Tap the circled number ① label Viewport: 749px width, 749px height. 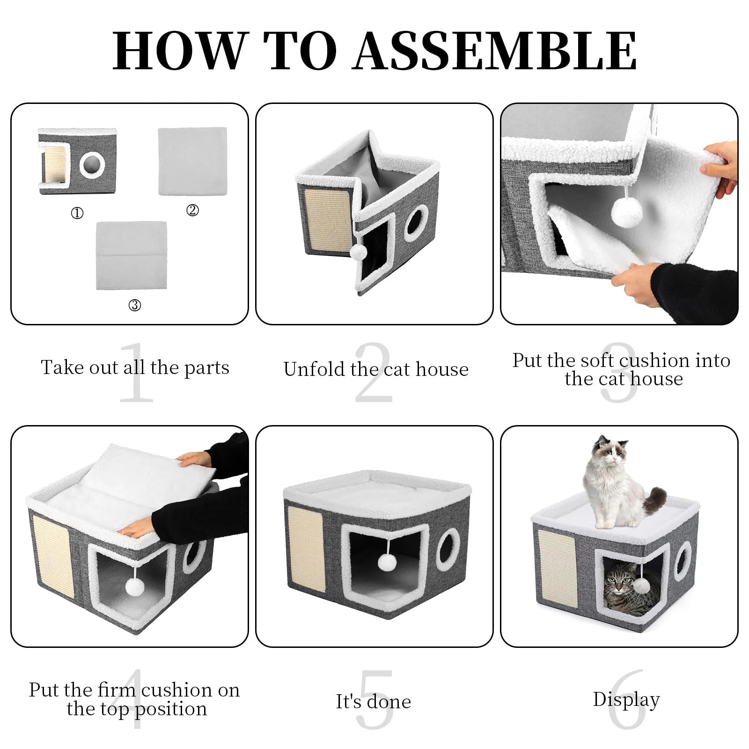tap(77, 213)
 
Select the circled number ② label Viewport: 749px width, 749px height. tap(192, 211)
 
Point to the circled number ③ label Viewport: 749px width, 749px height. tap(134, 306)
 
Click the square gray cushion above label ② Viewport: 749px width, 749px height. tap(192, 162)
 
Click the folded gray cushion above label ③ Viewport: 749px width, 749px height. tap(132, 255)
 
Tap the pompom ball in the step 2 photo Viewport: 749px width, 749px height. tap(358, 252)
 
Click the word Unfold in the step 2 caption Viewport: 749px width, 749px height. tap(315, 370)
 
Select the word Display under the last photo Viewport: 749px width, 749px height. tap(626, 700)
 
